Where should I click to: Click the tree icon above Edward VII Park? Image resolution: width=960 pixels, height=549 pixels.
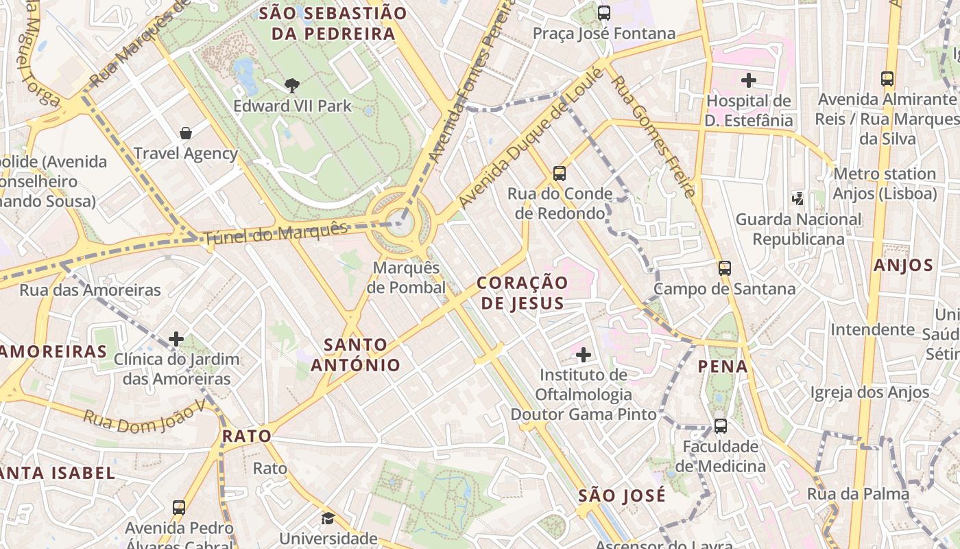coord(292,85)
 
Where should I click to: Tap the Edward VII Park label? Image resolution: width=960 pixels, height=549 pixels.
coord(292,106)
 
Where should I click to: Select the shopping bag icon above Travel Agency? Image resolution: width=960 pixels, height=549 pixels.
coord(185,132)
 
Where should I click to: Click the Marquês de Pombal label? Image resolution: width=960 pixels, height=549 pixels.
coord(406,277)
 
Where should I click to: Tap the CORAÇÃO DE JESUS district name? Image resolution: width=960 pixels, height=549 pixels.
coord(523,293)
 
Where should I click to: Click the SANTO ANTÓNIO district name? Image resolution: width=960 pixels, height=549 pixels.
coord(356,354)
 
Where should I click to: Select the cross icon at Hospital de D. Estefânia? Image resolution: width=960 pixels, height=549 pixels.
coord(749,80)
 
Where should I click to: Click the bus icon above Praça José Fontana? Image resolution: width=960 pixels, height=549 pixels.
coord(604,13)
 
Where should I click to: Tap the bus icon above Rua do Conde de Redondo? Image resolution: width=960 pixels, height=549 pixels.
coord(560,174)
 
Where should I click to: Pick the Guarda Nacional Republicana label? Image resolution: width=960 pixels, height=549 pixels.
coord(798,229)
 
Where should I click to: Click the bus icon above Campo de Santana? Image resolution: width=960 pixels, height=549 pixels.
coord(725,268)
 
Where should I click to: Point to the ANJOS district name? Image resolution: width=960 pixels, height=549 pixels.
coord(903,266)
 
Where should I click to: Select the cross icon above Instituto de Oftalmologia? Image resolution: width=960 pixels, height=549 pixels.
coord(584,355)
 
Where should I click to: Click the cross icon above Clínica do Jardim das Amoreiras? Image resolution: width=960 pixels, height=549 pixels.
coord(176,339)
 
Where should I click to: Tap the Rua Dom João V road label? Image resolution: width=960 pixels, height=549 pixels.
coord(144,416)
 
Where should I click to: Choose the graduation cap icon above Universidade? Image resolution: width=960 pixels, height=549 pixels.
coord(328,518)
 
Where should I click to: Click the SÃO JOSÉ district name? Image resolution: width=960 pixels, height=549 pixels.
coord(621,495)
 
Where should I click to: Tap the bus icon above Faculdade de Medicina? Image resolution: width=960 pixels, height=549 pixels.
coord(721,426)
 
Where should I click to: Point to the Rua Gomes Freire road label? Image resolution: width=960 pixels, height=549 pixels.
coord(653,135)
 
